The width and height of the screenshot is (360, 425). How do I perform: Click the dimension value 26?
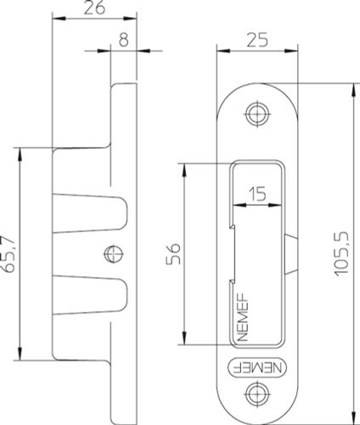pos(94,8)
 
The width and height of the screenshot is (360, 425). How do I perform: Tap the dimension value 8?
pos(124,40)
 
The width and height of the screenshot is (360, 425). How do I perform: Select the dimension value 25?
pos(257,40)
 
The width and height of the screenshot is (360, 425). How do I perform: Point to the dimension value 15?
pos(257,194)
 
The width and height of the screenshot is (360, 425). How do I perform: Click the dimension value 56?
pos(173,253)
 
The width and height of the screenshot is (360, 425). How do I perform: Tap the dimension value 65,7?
pos(8,254)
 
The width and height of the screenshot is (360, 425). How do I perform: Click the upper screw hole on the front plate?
pos(257,114)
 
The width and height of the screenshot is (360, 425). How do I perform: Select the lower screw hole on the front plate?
pos(257,394)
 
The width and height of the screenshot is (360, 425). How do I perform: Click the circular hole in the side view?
pos(114,253)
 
